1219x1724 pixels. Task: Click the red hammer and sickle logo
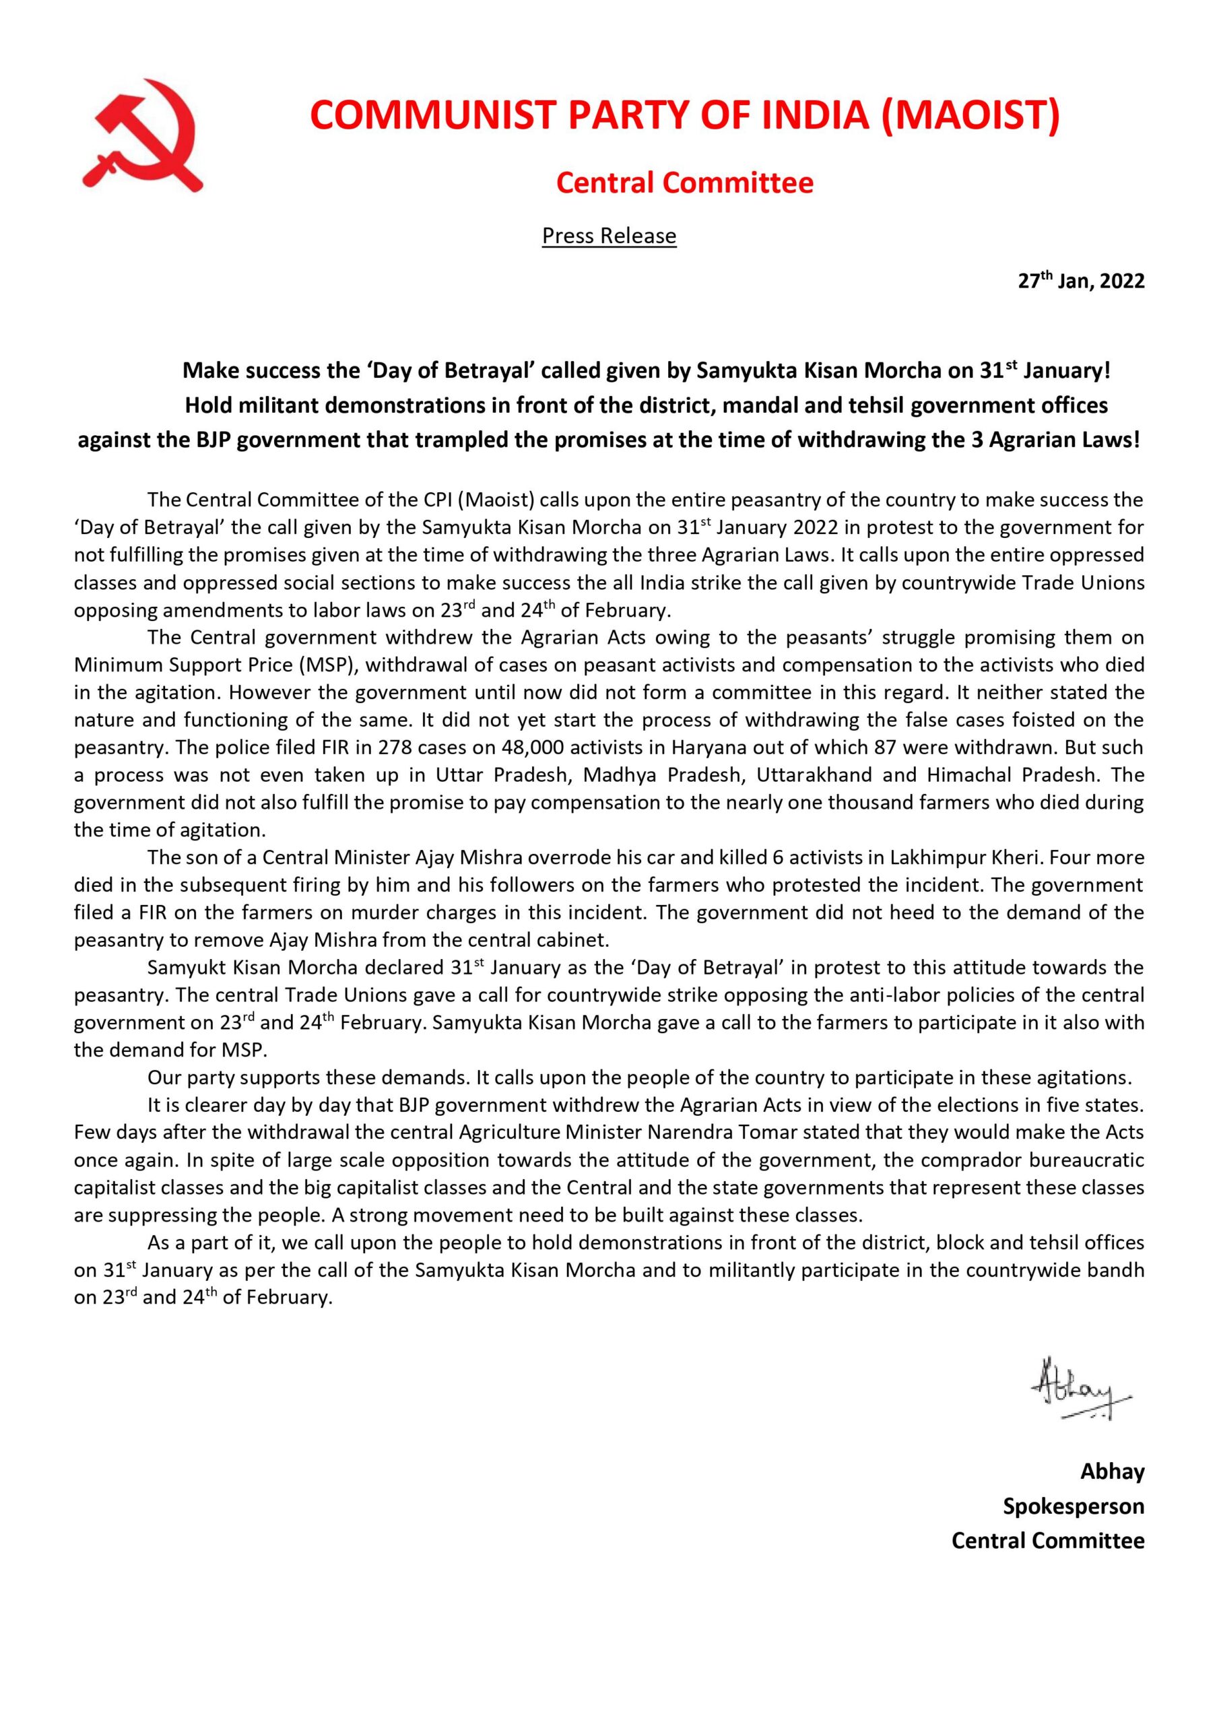[141, 135]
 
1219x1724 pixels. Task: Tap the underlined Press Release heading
[609, 236]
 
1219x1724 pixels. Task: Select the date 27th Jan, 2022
[1081, 281]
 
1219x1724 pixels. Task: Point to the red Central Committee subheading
[684, 183]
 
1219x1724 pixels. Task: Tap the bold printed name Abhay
[1112, 1471]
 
